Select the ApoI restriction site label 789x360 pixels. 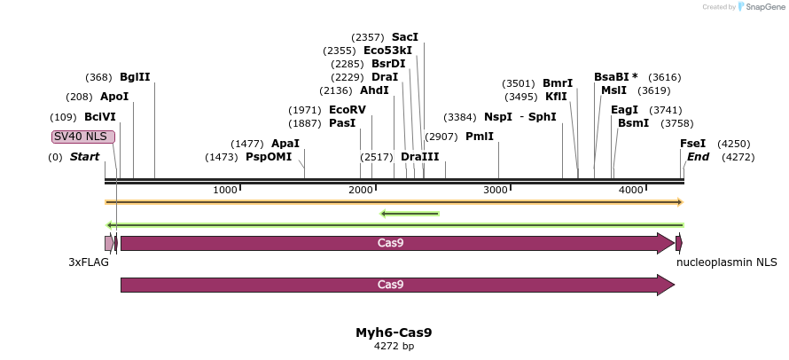114,97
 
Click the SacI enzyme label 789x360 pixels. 404,37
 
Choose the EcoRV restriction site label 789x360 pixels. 347,110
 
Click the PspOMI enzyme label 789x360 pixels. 269,157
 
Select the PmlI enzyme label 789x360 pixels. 479,137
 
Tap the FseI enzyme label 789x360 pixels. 692,144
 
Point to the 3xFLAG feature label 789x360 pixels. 89,262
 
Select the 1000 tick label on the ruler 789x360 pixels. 225,191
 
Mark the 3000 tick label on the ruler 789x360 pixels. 496,191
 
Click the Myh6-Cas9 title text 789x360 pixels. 394,333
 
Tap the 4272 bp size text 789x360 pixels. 394,347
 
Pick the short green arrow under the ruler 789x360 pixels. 410,213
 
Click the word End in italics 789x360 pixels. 698,157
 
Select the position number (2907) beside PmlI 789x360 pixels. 441,137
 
